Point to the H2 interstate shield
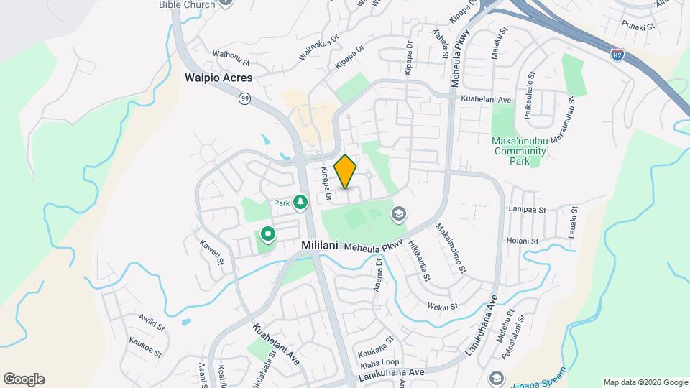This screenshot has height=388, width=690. coord(617,53)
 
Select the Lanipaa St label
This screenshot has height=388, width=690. coord(528,210)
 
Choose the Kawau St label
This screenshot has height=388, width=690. coord(213,251)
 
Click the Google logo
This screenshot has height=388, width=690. coord(24,379)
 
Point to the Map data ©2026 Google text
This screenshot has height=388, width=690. coord(645,382)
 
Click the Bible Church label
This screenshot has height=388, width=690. coord(187,5)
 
